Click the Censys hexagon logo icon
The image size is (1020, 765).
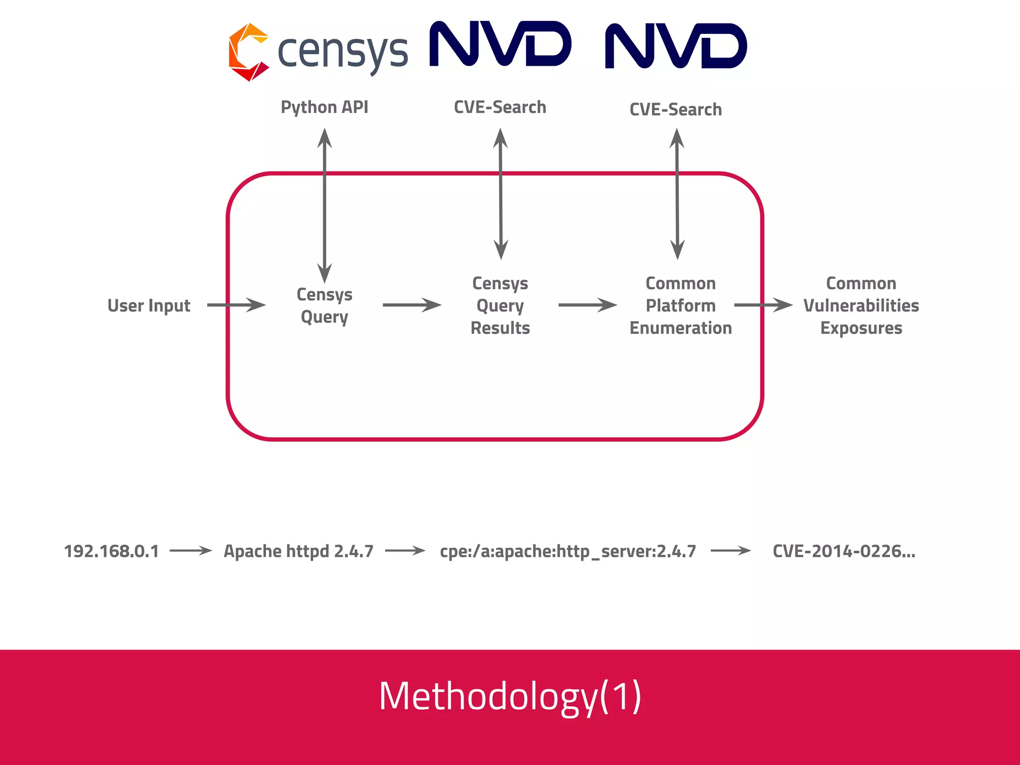coord(248,52)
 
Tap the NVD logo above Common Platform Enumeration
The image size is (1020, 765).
coord(676,46)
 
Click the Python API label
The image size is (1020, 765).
coord(324,107)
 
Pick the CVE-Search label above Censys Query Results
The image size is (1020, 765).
coord(500,107)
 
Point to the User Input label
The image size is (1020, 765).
coord(148,305)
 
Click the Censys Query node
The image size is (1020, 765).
coord(324,305)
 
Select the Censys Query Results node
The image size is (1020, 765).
coord(500,305)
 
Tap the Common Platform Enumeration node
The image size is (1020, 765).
coord(680,305)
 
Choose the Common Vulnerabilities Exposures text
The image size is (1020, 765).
coord(861,305)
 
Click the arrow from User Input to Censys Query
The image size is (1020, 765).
coord(236,305)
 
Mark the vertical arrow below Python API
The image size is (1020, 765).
coord(325,204)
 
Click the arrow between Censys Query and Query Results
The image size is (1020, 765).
coord(412,305)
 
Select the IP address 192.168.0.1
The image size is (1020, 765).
coord(112,551)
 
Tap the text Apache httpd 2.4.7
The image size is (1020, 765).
coord(298,551)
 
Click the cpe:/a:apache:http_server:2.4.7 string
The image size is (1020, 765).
coord(568,551)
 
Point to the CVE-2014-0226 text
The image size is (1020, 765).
coord(844,551)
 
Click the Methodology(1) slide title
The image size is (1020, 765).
coord(510,696)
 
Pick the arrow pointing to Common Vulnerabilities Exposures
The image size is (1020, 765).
coord(763,305)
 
